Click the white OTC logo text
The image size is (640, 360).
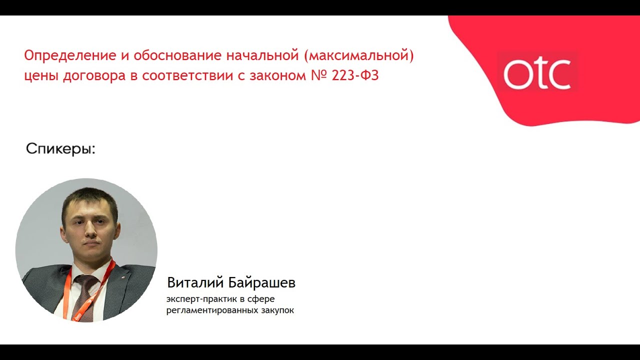(x=537, y=74)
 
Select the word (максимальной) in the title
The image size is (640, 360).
(x=359, y=55)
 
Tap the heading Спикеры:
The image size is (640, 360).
(x=60, y=149)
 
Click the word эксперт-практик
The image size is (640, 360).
(x=199, y=299)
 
